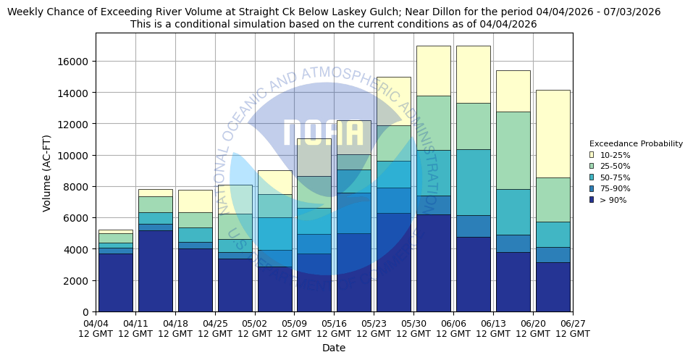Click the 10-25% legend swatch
(x=592, y=155)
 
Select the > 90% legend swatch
(x=592, y=200)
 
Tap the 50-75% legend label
(x=615, y=177)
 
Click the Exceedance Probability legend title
(x=636, y=143)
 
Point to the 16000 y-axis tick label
(x=73, y=62)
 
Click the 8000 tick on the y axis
(x=76, y=187)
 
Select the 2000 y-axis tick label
(x=76, y=281)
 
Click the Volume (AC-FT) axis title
(x=47, y=172)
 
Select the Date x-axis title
(x=334, y=348)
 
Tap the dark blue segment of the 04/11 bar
(x=155, y=271)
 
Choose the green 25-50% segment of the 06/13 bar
(x=513, y=150)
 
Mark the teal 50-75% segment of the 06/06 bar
(x=473, y=182)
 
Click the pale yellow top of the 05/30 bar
(x=433, y=70)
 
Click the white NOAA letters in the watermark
(x=323, y=133)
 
